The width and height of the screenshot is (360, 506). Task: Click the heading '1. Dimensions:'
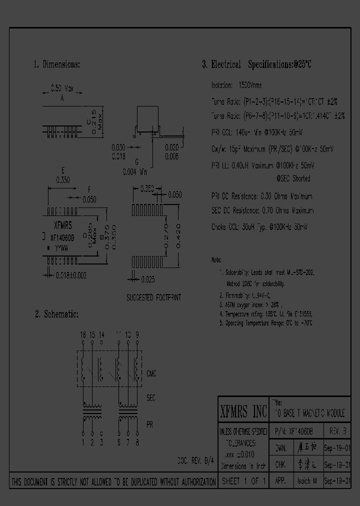point(56,65)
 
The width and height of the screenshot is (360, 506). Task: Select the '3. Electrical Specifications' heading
point(257,65)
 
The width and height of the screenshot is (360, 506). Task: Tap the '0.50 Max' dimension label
point(62,89)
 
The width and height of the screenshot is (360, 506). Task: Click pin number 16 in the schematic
point(83,334)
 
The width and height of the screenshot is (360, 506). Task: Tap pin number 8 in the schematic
point(137,441)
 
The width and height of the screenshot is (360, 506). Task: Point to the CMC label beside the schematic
point(152,373)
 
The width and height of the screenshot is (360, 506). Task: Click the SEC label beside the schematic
point(151,398)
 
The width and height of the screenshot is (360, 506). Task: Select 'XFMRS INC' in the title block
point(244,412)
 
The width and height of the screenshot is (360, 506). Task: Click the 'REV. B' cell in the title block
point(339,431)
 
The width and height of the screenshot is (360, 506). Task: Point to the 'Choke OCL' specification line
point(259,226)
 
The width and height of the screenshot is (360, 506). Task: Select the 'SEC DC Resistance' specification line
point(262,210)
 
